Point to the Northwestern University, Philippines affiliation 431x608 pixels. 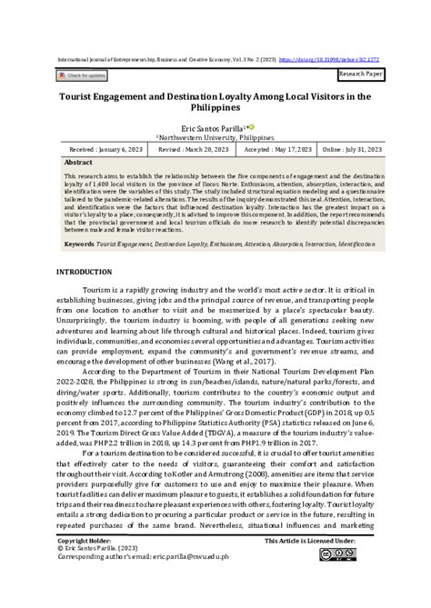point(215,136)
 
